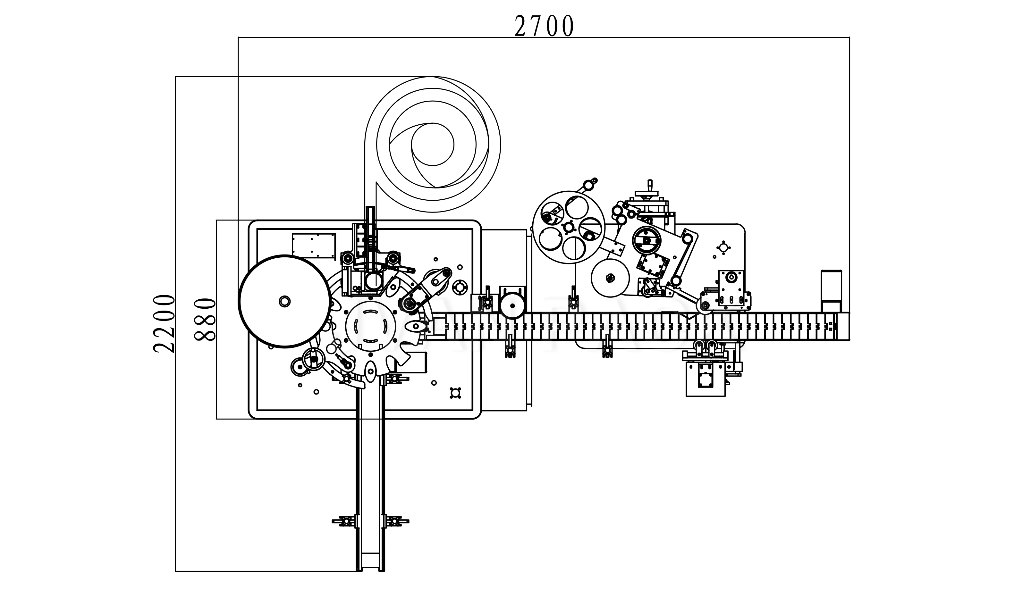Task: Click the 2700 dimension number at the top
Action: (x=544, y=26)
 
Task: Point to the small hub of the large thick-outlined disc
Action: (x=284, y=301)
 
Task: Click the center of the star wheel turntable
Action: (x=370, y=325)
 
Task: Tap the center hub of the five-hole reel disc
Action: (x=568, y=227)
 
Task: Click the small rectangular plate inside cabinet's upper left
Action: (x=314, y=245)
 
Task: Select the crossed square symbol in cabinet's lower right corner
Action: (x=455, y=393)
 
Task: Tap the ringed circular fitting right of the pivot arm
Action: (x=460, y=288)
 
